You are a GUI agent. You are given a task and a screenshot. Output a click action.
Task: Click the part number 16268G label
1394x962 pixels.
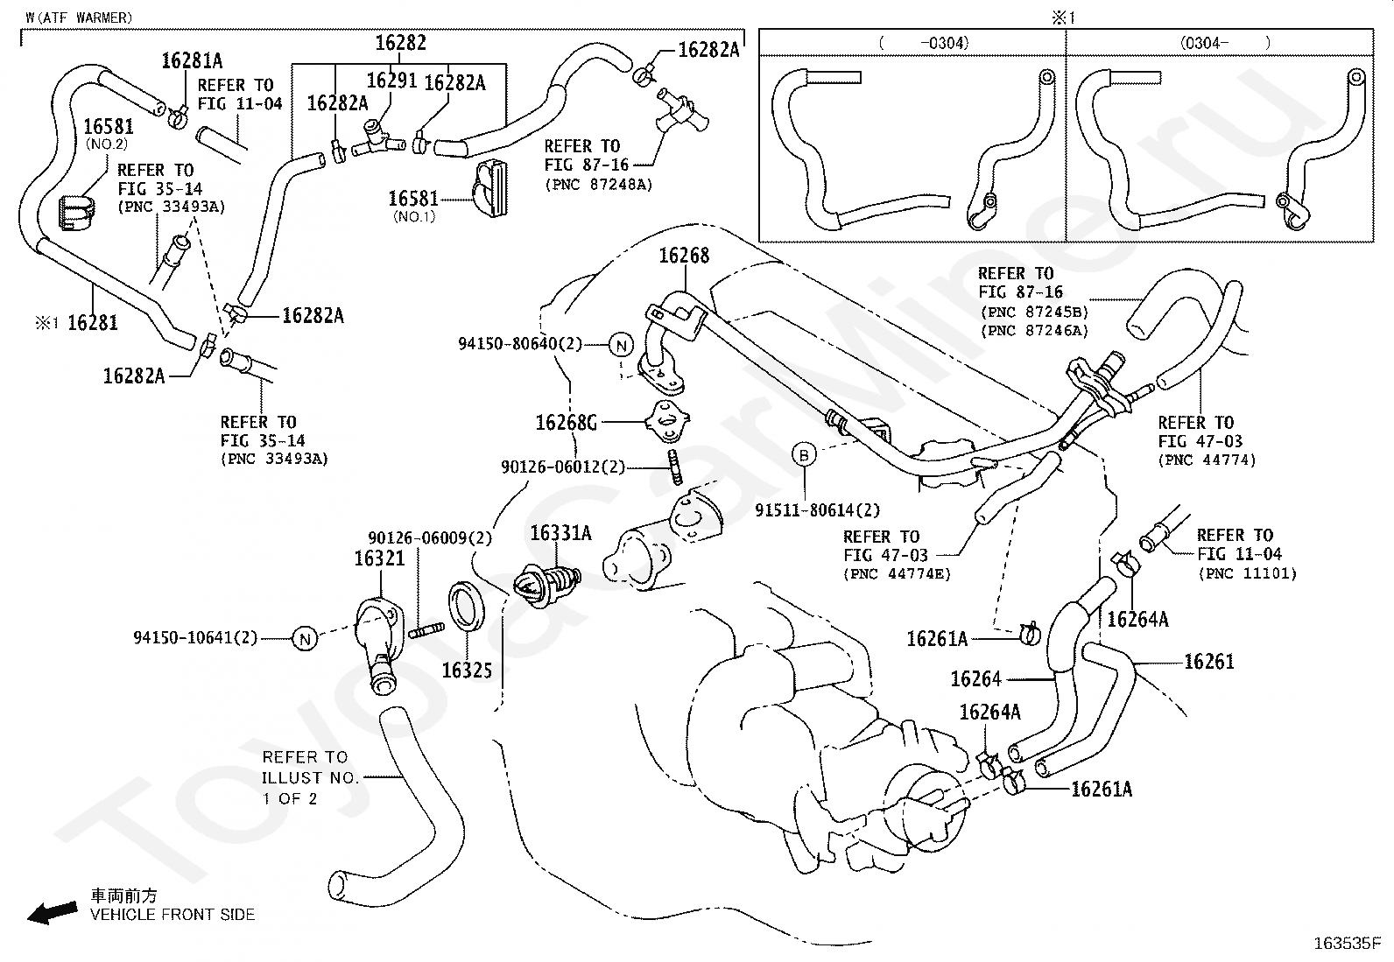566,423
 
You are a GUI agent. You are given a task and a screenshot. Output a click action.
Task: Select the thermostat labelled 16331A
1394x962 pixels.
547,585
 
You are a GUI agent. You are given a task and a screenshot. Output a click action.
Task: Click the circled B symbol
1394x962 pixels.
804,455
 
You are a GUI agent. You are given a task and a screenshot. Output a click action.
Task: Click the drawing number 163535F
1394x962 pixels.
1347,944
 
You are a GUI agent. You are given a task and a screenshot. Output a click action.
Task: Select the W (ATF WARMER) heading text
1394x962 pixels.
79,18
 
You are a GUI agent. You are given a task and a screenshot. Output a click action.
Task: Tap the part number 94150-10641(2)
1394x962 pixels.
195,638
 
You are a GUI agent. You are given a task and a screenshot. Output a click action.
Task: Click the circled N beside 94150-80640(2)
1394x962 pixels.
621,346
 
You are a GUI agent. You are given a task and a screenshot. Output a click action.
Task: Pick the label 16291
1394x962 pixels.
391,81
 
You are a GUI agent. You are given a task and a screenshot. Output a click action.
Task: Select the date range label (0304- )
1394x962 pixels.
1225,43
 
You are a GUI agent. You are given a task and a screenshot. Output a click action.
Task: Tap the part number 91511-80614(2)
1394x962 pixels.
818,510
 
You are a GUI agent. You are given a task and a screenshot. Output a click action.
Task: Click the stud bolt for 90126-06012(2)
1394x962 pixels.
674,467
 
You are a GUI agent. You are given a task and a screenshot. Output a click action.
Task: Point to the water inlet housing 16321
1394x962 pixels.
380,644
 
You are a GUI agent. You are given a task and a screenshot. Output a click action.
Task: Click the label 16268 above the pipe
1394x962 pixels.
684,255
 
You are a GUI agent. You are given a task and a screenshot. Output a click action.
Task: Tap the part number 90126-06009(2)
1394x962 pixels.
429,537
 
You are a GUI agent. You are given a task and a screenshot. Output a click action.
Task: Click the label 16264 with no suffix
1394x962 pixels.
975,679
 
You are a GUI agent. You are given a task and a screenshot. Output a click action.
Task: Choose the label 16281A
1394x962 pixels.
192,60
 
